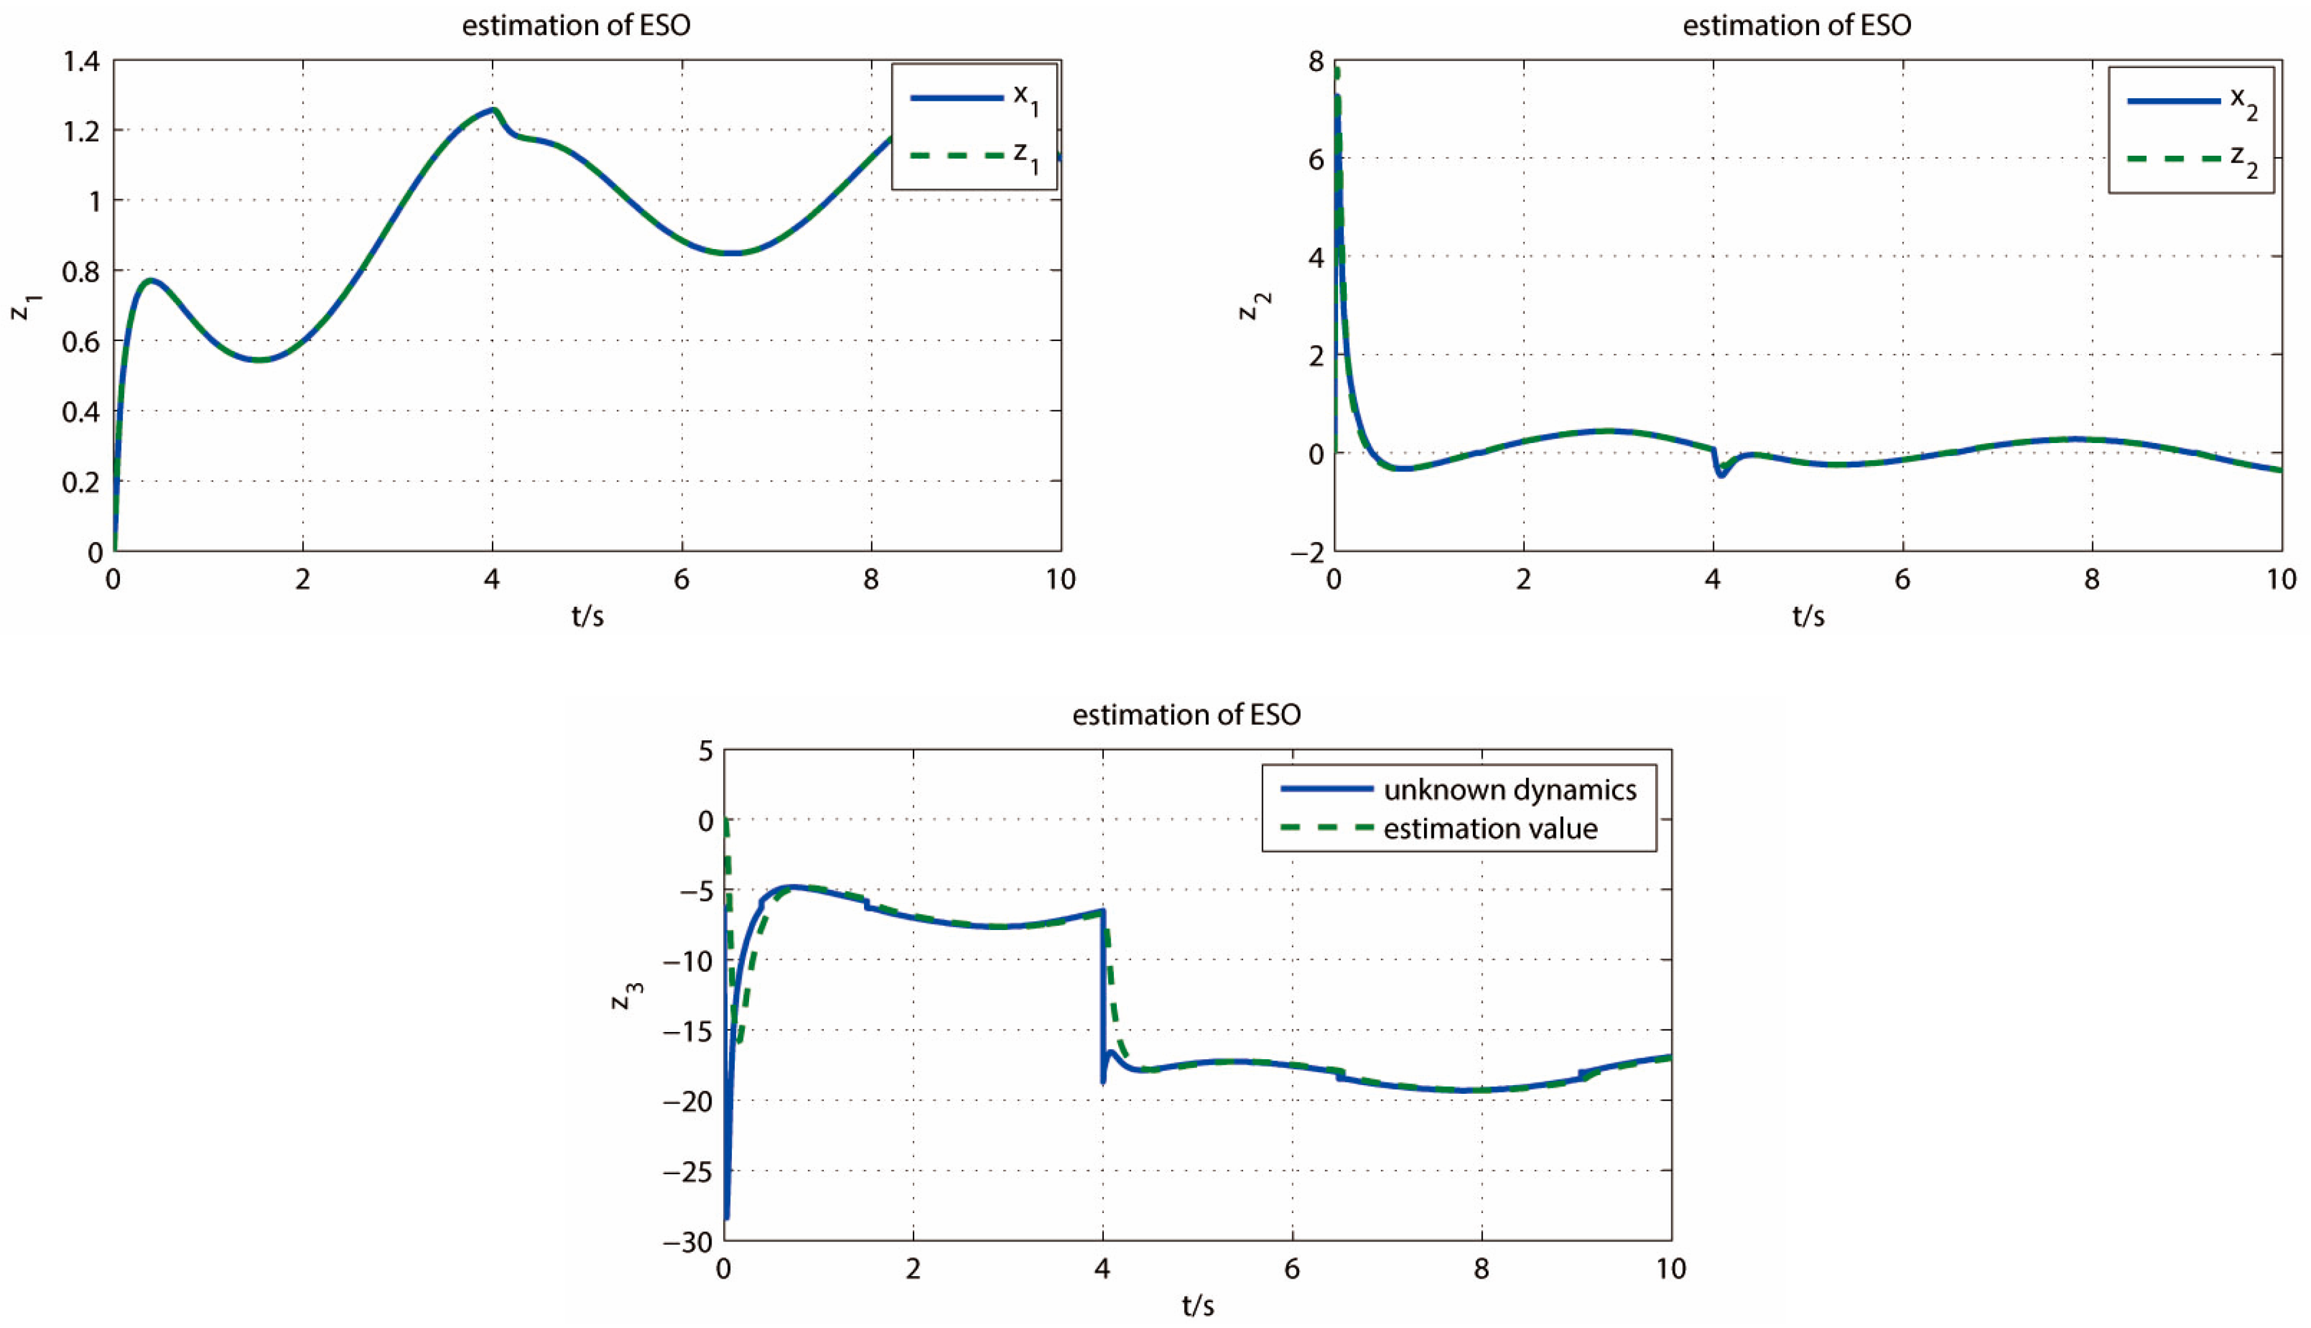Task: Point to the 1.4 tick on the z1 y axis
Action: coord(83,62)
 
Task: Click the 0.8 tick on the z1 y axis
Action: coord(83,271)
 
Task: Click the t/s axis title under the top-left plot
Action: coord(587,617)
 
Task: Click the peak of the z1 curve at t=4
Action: coord(493,109)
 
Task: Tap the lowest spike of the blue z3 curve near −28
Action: coord(727,1217)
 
